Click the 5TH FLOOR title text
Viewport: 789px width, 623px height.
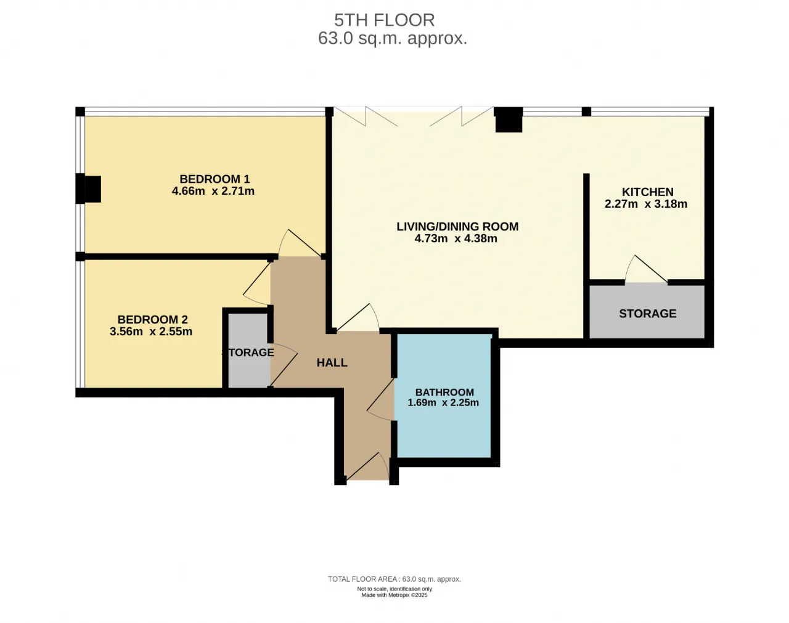pyautogui.click(x=384, y=20)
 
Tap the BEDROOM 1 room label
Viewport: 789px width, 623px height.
pyautogui.click(x=215, y=179)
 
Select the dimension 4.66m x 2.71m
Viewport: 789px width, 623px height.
pyautogui.click(x=213, y=191)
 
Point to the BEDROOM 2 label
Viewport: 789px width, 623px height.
pyautogui.click(x=152, y=319)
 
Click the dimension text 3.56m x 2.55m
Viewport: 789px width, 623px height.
pyautogui.click(x=151, y=332)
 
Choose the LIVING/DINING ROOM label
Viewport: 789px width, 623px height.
pyautogui.click(x=457, y=227)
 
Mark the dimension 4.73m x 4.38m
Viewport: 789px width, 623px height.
pyautogui.click(x=456, y=238)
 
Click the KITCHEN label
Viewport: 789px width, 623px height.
pyautogui.click(x=647, y=192)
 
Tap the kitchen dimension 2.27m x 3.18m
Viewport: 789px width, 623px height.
pyautogui.click(x=645, y=204)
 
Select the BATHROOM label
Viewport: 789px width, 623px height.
pyautogui.click(x=444, y=392)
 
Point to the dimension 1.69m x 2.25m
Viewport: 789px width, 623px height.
pyautogui.click(x=443, y=402)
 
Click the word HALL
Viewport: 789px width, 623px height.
pyautogui.click(x=332, y=363)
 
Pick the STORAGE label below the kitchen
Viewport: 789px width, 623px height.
pyautogui.click(x=647, y=314)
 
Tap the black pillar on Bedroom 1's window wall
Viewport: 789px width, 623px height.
pyautogui.click(x=88, y=189)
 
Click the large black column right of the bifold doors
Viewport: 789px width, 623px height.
pyautogui.click(x=509, y=120)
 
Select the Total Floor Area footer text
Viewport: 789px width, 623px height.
pyautogui.click(x=394, y=579)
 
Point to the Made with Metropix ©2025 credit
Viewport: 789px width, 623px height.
pyautogui.click(x=394, y=595)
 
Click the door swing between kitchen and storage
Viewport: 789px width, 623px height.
pyautogui.click(x=646, y=269)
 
